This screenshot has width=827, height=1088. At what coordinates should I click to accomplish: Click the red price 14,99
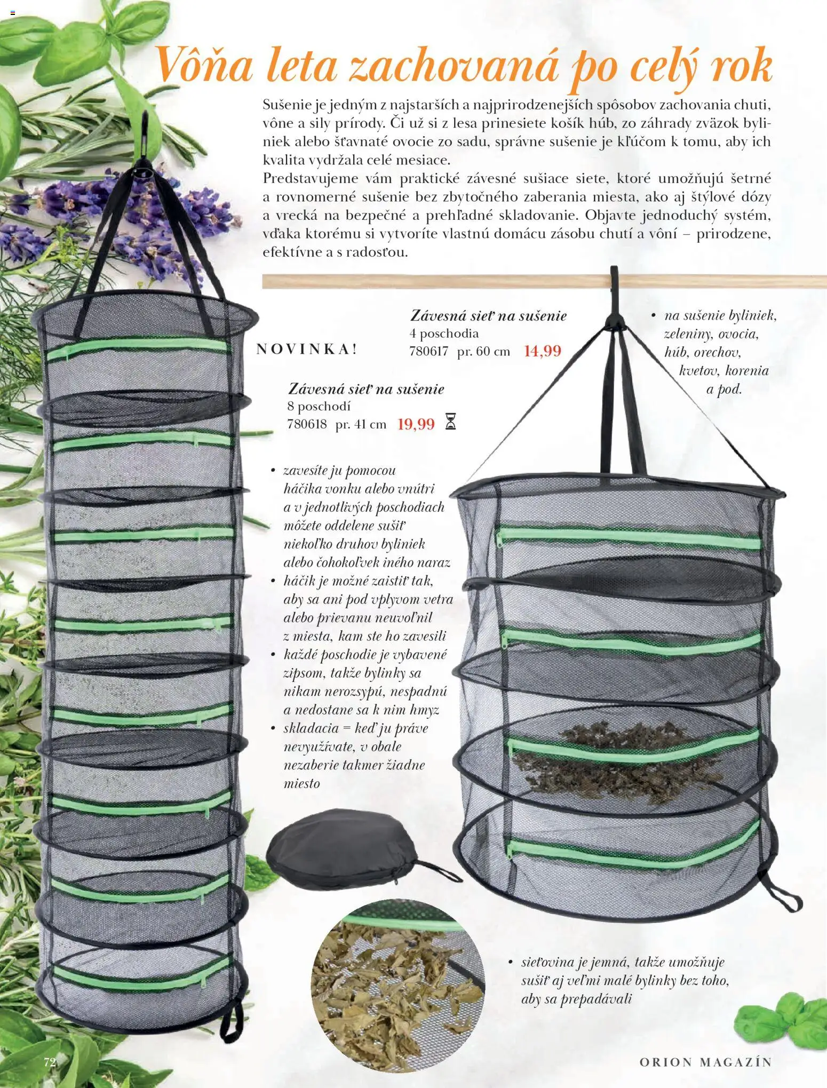[x=543, y=351]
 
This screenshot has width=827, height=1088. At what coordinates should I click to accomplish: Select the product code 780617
[x=428, y=352]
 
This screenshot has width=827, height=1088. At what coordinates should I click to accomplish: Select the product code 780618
[x=307, y=425]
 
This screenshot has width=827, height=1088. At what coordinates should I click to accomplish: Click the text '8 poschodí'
[x=319, y=407]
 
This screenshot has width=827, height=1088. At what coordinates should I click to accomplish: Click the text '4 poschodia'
[x=444, y=333]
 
